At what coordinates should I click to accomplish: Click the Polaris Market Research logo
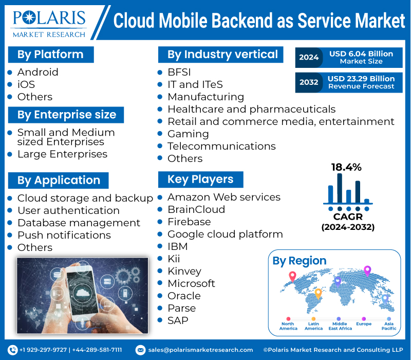click(x=49, y=24)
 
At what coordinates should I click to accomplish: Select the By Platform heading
click(x=50, y=55)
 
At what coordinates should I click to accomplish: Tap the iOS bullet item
click(x=26, y=84)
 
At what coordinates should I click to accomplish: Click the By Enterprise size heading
click(x=67, y=115)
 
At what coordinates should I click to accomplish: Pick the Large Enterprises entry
click(x=62, y=154)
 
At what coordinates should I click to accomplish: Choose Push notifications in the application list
click(x=64, y=235)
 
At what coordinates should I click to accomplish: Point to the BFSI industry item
click(x=179, y=72)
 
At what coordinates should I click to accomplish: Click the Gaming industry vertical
click(x=188, y=134)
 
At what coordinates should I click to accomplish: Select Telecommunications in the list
click(x=221, y=146)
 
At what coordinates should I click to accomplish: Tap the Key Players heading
click(x=200, y=179)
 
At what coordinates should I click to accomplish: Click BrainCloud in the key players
click(x=196, y=209)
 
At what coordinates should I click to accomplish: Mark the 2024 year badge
click(x=309, y=57)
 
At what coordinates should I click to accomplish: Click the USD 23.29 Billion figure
click(x=361, y=78)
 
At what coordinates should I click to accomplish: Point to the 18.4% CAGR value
click(x=346, y=167)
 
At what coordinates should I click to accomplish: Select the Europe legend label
click(x=364, y=324)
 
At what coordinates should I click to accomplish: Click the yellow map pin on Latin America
click(x=318, y=294)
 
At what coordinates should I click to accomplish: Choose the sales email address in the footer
click(x=200, y=350)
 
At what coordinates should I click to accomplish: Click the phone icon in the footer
click(x=13, y=350)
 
